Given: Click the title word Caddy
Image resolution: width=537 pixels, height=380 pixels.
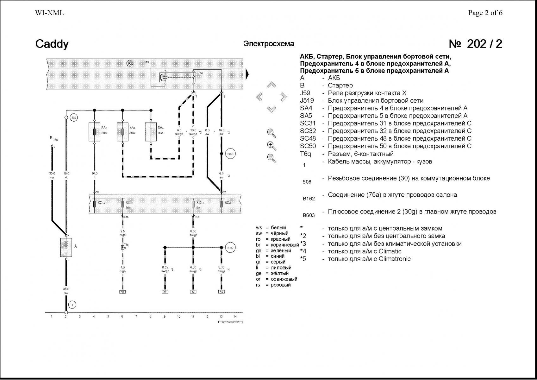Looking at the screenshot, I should point(52,44).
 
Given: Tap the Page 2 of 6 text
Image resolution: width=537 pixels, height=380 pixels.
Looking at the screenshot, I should point(485,13).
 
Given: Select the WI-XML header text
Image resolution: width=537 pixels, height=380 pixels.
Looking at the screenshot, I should point(49,13).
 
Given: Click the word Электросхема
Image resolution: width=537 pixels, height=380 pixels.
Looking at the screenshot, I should point(269,44).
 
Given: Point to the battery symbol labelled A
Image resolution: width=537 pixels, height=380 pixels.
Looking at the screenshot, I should point(66,247).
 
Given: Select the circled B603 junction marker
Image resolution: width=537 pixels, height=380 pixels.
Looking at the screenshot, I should point(230,154).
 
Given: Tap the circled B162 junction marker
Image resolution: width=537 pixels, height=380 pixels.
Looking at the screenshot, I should point(230,248).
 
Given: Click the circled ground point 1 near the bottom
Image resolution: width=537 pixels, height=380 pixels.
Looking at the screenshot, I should point(72,305).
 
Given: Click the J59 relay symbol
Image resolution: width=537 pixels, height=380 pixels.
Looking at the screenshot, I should point(164,77).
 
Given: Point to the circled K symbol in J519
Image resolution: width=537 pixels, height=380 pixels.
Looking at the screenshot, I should point(129,63).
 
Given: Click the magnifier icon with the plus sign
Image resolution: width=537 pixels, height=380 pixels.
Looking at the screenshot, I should point(271,146).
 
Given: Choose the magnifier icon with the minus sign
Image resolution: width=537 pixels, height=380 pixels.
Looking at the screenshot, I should point(271,157).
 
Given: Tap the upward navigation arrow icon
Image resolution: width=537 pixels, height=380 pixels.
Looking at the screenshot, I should point(271,85).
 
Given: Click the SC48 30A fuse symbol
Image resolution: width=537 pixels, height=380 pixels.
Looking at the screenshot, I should point(122,204).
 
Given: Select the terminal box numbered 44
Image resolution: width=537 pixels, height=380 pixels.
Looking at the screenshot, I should point(193,292).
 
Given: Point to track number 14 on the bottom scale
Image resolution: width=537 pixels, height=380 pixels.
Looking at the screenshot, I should point(235,316).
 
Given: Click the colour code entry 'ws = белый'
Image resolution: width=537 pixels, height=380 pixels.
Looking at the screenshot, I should point(271,228).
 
